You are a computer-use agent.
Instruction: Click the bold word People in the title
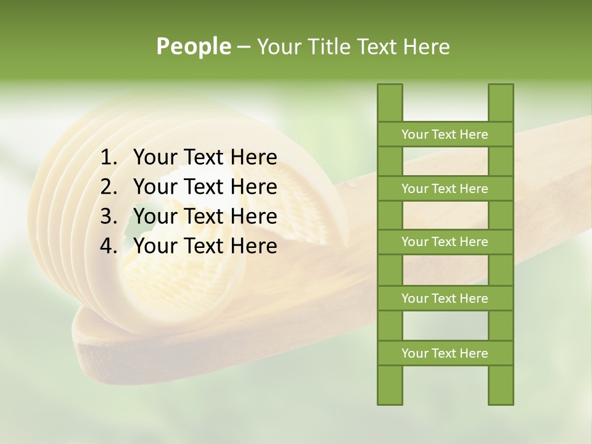tap(194, 46)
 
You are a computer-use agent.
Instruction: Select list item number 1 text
tap(205, 158)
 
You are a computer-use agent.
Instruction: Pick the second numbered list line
tap(205, 187)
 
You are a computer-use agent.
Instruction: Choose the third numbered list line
tap(205, 216)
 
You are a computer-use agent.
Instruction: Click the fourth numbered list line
tap(205, 246)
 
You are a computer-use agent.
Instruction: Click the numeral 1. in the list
tap(109, 158)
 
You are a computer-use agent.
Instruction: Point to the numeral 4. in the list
tap(109, 246)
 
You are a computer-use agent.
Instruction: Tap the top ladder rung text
tap(445, 134)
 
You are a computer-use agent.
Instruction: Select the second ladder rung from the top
tap(445, 189)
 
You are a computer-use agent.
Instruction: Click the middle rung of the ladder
tap(445, 242)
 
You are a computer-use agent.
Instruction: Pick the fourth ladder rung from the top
tap(445, 298)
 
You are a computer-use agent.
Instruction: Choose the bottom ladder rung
tap(445, 353)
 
